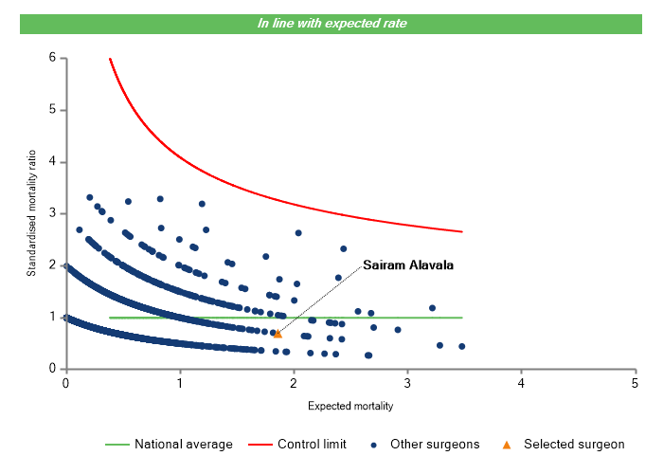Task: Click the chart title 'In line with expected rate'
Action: pyautogui.click(x=332, y=23)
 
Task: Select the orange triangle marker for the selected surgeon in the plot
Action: pyautogui.click(x=278, y=334)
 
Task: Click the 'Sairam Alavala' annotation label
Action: pyautogui.click(x=409, y=265)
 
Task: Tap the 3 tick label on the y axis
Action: pyautogui.click(x=52, y=213)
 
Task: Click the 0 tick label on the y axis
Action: pyautogui.click(x=52, y=369)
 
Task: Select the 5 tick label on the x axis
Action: pyautogui.click(x=635, y=383)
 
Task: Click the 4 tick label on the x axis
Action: pyautogui.click(x=521, y=383)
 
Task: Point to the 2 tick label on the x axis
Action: pyautogui.click(x=294, y=383)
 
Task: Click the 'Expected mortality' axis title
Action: pyautogui.click(x=350, y=406)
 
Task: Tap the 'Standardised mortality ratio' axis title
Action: pyautogui.click(x=31, y=213)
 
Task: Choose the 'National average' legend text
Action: pyautogui.click(x=183, y=444)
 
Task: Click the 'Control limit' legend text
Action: pyautogui.click(x=312, y=444)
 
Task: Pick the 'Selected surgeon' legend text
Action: pyautogui.click(x=575, y=444)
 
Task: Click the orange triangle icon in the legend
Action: pyautogui.click(x=507, y=444)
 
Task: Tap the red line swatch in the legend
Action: pyautogui.click(x=259, y=444)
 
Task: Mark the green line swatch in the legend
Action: pyautogui.click(x=116, y=444)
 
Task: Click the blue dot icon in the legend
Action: pyautogui.click(x=376, y=444)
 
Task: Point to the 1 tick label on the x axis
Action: pyautogui.click(x=179, y=383)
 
